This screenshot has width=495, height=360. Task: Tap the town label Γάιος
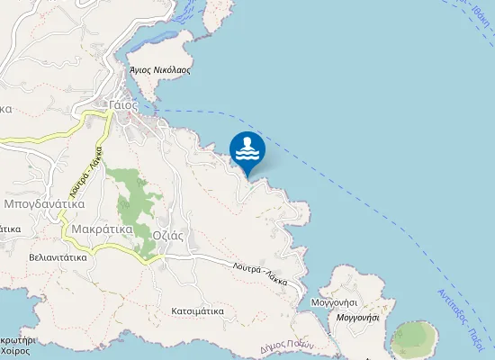click(x=122, y=104)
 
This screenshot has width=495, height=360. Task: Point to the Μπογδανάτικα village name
click(x=44, y=204)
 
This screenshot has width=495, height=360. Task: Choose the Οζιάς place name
click(x=168, y=233)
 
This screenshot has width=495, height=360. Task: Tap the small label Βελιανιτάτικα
click(x=58, y=256)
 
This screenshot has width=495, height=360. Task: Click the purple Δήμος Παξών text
click(x=285, y=346)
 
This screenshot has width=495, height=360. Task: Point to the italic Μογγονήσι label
click(x=357, y=317)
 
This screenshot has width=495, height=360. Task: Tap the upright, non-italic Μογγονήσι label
click(x=338, y=303)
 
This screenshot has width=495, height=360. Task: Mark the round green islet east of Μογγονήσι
click(x=415, y=339)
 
